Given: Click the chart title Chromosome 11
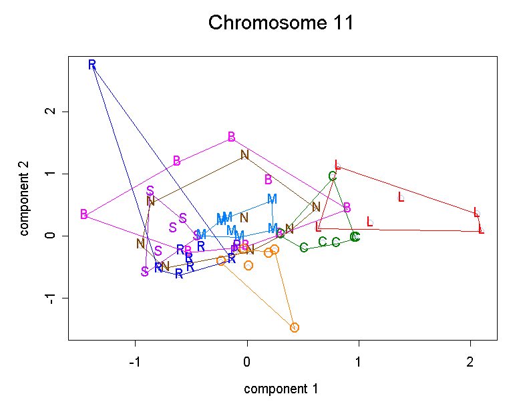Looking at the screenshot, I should (281, 23).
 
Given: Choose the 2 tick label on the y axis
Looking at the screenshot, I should (49, 112).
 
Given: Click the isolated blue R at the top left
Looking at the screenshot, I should (92, 65).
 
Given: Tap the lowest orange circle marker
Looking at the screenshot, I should (295, 327).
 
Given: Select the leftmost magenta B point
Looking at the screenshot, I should (83, 214).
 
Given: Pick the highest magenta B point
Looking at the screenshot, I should (232, 137).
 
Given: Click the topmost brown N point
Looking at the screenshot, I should (244, 155).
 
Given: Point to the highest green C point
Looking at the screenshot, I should (333, 176).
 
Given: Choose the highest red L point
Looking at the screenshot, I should (337, 165).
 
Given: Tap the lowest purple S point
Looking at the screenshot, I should (145, 271).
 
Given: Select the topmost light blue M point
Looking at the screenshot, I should (272, 199).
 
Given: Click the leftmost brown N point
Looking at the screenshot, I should (140, 244).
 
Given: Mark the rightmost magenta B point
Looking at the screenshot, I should (347, 208).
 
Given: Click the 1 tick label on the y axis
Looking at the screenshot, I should (49, 174).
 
